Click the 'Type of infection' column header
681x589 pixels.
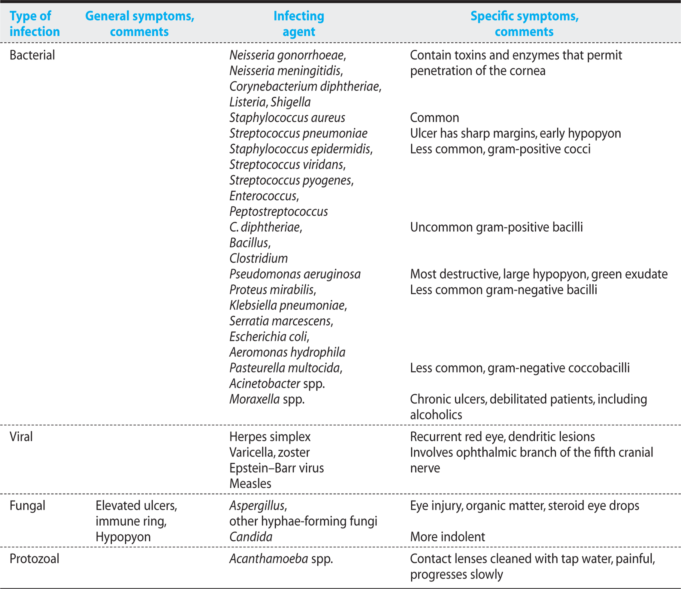coord(35,24)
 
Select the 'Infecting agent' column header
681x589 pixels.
coord(299,24)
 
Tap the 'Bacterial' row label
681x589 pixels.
coord(32,55)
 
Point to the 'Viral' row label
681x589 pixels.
coord(21,436)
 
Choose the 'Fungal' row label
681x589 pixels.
coord(27,506)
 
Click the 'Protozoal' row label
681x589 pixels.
coord(34,558)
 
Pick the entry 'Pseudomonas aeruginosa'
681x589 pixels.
coord(295,274)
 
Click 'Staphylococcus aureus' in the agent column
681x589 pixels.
coord(287,118)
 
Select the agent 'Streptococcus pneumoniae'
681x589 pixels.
coord(298,133)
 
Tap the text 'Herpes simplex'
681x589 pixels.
coord(270,437)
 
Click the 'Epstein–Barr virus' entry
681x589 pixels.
coord(277,468)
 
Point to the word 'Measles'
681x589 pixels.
coord(250,484)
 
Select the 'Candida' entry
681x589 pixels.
coord(251,537)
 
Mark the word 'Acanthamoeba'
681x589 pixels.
coord(268,558)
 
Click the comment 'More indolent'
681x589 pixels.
coord(447,537)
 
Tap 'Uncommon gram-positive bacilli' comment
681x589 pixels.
coord(496,227)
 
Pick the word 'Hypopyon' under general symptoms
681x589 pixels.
coord(123,537)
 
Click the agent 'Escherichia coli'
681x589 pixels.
coord(269,337)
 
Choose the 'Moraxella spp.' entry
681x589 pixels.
coord(267,399)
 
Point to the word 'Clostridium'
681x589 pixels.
coord(258,258)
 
